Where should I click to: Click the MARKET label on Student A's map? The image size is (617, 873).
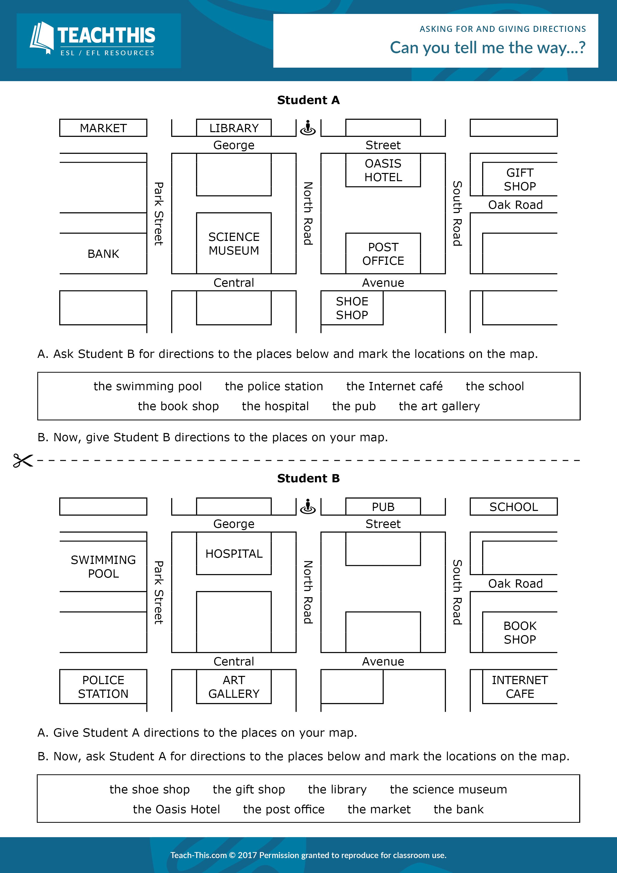[103, 128]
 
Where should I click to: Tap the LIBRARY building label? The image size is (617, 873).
[234, 128]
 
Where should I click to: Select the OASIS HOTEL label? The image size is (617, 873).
[383, 170]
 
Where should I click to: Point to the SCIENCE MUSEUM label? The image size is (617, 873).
[234, 244]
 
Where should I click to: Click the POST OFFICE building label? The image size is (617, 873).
[383, 254]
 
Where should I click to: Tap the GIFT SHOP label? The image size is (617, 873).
[520, 179]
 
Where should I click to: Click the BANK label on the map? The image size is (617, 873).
[103, 254]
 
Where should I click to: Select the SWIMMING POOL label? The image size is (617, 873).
[103, 567]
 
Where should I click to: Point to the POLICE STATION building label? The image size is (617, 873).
[103, 687]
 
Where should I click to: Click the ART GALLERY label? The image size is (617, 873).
[234, 687]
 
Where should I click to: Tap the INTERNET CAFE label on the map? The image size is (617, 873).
[520, 687]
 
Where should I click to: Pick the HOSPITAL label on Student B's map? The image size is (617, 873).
[234, 554]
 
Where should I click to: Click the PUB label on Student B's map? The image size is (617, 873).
[383, 507]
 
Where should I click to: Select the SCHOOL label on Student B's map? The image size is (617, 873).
[513, 507]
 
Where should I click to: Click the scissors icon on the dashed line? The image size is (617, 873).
[23, 460]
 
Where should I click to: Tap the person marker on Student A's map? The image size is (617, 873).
[308, 128]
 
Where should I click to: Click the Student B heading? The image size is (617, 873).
[308, 478]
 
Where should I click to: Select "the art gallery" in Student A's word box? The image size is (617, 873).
[439, 406]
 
